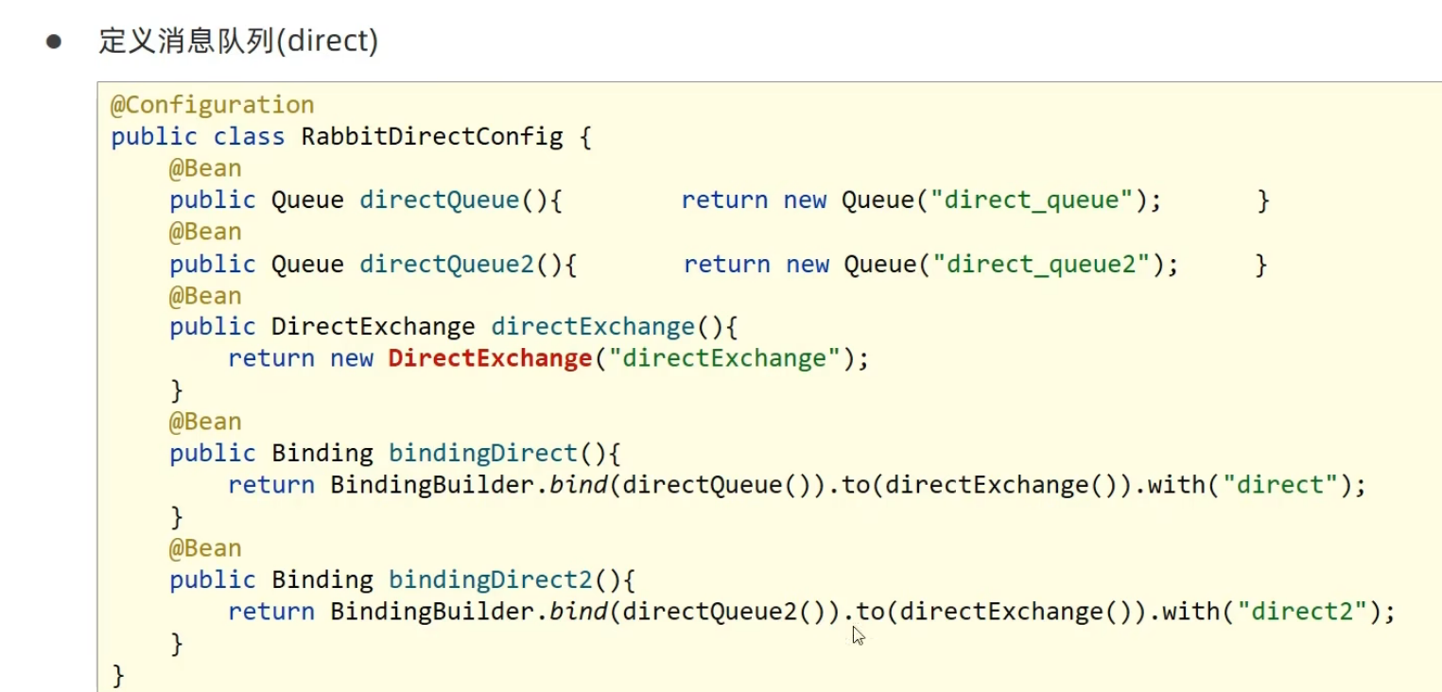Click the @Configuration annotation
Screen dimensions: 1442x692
pyautogui.click(x=212, y=105)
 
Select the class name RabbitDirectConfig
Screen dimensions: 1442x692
pyautogui.click(x=431, y=136)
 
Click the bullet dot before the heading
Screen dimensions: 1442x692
pyautogui.click(x=54, y=43)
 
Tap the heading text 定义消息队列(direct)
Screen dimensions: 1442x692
pyautogui.click(x=238, y=43)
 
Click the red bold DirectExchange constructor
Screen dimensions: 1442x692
pyautogui.click(x=489, y=358)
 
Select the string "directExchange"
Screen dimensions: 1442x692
pyautogui.click(x=730, y=358)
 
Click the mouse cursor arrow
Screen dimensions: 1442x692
pyautogui.click(x=858, y=635)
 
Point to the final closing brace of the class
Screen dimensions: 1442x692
pyautogui.click(x=118, y=675)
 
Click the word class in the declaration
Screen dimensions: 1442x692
pyautogui.click(x=249, y=136)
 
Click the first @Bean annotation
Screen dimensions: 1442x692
pyautogui.click(x=205, y=168)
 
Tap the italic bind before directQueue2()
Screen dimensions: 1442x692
pyautogui.click(x=579, y=612)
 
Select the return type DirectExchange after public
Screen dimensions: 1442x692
pyautogui.click(x=373, y=327)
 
